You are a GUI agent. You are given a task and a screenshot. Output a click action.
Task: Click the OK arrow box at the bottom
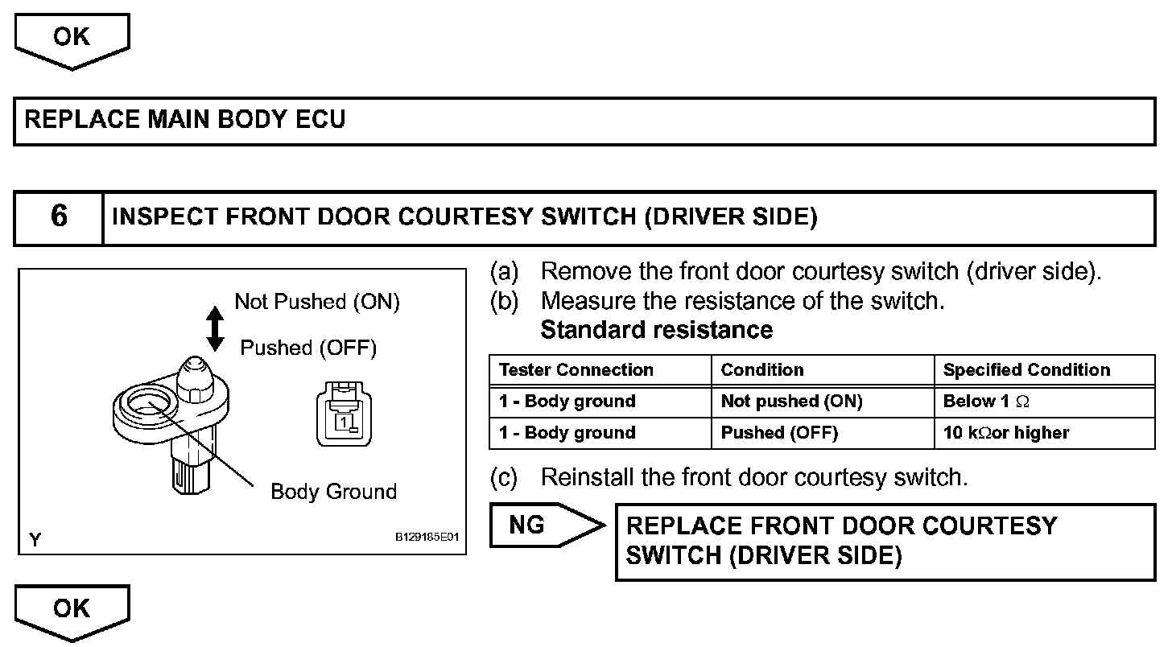[72, 610]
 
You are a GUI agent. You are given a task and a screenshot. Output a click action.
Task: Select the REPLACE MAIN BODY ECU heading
[185, 121]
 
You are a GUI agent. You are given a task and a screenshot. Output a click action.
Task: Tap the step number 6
[59, 217]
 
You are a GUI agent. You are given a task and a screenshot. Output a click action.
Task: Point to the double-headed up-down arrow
[215, 328]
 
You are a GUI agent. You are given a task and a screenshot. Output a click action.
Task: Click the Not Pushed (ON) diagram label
[316, 302]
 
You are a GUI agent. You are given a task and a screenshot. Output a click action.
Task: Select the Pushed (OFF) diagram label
[308, 348]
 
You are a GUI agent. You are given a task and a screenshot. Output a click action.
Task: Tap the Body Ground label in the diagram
[333, 492]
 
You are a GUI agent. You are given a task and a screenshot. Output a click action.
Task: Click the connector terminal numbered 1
[344, 421]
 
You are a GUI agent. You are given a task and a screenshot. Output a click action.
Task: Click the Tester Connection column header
[576, 370]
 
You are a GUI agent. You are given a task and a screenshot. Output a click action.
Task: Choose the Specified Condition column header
[1026, 370]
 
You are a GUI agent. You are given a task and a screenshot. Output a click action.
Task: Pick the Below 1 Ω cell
[986, 402]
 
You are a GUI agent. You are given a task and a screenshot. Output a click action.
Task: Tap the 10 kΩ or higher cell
[1006, 433]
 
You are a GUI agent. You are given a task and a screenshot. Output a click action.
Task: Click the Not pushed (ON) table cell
[791, 402]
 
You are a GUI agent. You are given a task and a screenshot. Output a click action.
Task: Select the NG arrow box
[539, 525]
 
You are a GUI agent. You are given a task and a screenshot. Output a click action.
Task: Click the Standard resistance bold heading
[656, 331]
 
